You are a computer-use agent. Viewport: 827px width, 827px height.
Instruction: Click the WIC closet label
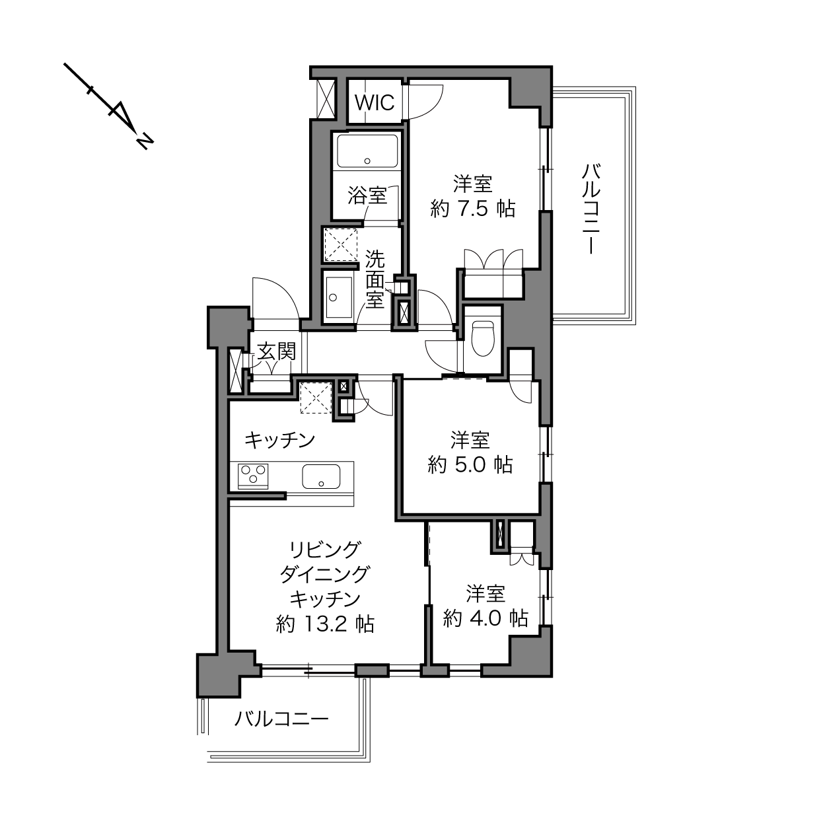point(375,103)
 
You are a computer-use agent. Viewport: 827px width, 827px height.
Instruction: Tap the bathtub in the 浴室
point(367,151)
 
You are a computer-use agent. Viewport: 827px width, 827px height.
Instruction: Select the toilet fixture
point(483,338)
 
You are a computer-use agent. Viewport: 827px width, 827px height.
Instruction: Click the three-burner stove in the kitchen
point(253,476)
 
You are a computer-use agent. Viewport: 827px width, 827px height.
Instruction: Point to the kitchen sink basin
point(321,476)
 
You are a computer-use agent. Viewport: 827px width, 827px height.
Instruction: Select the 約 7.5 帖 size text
point(472,209)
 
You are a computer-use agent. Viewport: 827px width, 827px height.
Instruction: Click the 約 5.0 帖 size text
point(470,465)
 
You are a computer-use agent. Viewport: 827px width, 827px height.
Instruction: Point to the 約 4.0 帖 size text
point(485,618)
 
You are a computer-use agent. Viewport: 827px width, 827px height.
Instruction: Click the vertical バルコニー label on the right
point(591,209)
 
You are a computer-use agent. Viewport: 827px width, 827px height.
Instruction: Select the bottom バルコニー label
point(281,719)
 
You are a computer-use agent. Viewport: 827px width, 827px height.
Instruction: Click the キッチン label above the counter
point(280,441)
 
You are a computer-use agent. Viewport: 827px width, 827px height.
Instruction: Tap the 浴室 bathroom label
point(367,196)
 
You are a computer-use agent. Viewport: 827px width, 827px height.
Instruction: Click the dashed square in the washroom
point(341,244)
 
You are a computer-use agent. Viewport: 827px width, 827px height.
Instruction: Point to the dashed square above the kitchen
point(316,398)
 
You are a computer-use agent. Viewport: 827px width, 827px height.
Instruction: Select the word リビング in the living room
point(324,550)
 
